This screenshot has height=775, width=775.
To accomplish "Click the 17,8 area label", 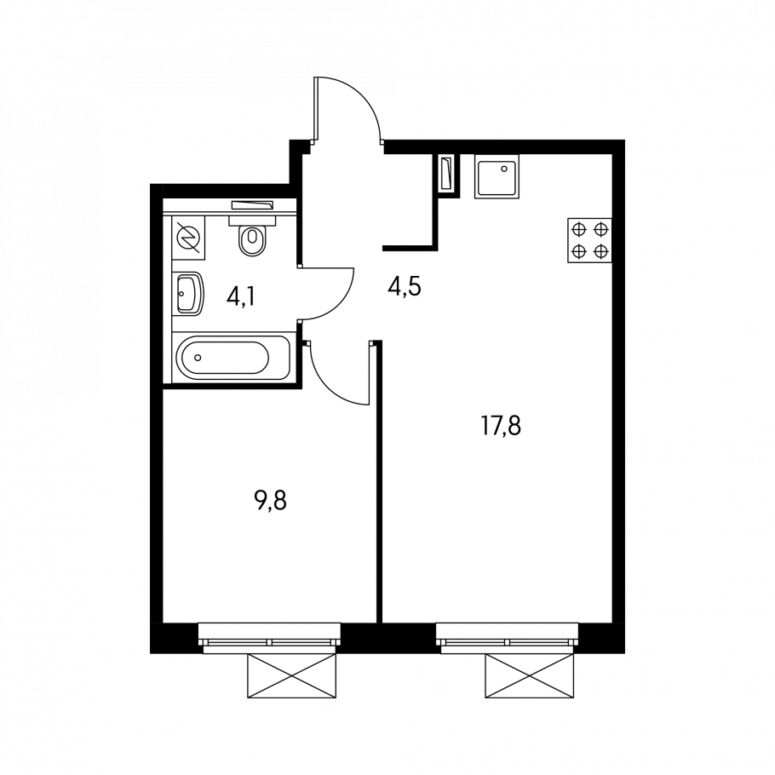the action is pyautogui.click(x=501, y=427).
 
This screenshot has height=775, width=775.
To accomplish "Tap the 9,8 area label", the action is pyautogui.click(x=270, y=501).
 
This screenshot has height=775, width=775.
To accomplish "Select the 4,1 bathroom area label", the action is pyautogui.click(x=241, y=297).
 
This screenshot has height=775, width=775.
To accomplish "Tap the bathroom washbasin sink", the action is pyautogui.click(x=188, y=294).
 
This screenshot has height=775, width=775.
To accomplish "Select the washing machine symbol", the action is pyautogui.click(x=188, y=238).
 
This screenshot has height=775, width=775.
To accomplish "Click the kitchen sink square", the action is pyautogui.click(x=497, y=176).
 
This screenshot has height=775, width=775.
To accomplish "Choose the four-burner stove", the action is pyautogui.click(x=589, y=240).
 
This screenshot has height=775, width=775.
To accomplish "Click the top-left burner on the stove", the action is pyautogui.click(x=578, y=229).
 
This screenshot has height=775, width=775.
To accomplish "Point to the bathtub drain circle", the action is pyautogui.click(x=198, y=358).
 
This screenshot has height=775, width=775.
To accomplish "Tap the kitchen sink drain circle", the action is pyautogui.click(x=503, y=169).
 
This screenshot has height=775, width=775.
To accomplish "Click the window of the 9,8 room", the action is pyautogui.click(x=269, y=638).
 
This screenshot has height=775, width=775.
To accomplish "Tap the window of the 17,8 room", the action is pyautogui.click(x=507, y=638).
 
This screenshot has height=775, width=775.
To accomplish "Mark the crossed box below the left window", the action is pyautogui.click(x=291, y=675).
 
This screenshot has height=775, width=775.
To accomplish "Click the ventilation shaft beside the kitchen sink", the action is pyautogui.click(x=448, y=175).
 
